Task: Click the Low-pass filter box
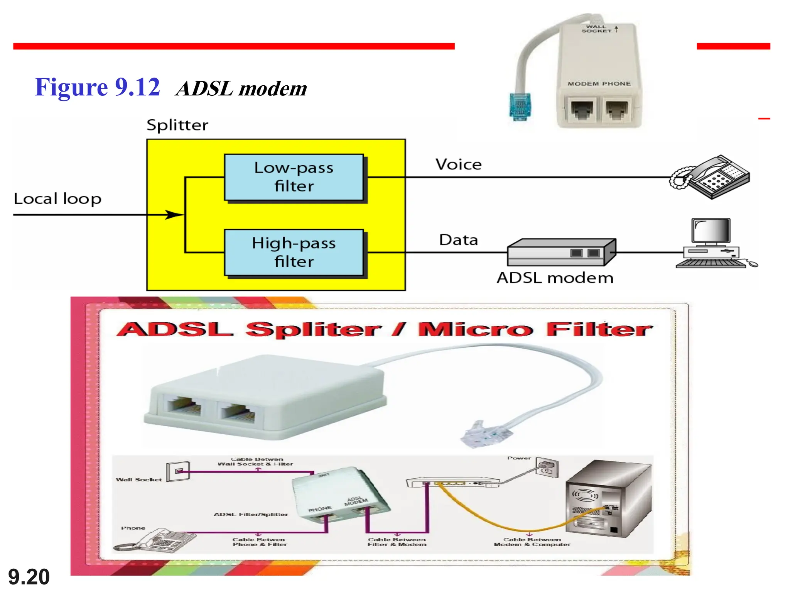click(294, 177)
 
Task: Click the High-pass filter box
click(294, 252)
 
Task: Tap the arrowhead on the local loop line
click(174, 215)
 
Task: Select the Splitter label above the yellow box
click(177, 125)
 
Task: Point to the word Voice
click(458, 164)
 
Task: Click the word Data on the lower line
click(458, 240)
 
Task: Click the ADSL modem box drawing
click(561, 252)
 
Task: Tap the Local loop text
click(57, 199)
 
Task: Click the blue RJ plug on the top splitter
click(520, 106)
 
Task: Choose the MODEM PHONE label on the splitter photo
click(599, 84)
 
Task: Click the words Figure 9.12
click(97, 87)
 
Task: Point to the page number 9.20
click(29, 577)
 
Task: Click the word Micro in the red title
click(476, 329)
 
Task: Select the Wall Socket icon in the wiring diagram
click(178, 471)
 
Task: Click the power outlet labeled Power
click(547, 468)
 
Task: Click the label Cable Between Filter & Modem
click(397, 542)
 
